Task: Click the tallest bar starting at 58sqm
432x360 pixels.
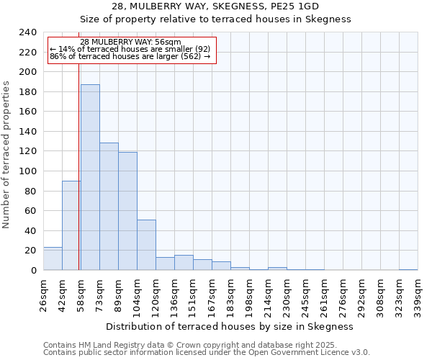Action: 90,177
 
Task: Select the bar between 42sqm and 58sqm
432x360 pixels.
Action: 71,225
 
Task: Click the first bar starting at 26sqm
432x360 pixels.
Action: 53,258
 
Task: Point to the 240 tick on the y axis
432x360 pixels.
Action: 28,32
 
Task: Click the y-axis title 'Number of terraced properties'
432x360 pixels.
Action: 7,154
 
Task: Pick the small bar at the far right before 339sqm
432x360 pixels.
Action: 408,269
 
